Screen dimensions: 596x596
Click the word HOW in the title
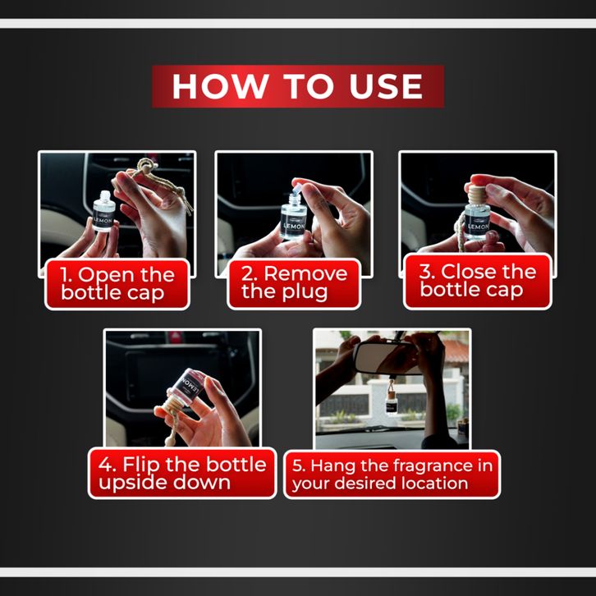[221, 86]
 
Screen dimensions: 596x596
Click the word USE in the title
[385, 86]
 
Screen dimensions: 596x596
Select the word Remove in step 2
[305, 273]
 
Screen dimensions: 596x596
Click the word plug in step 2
[305, 293]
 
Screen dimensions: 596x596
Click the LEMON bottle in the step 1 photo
[103, 212]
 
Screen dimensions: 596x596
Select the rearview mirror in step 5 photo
[385, 358]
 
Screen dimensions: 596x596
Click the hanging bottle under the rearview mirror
[391, 400]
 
